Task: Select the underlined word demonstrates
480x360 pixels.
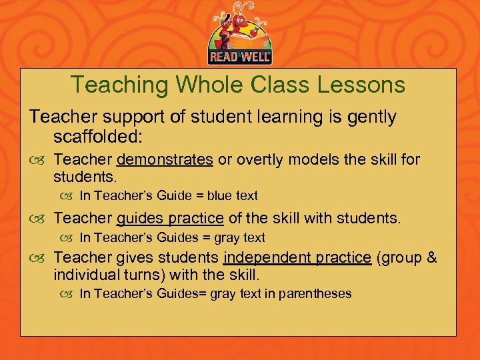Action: pos(165,160)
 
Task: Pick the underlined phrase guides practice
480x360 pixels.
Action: pos(170,218)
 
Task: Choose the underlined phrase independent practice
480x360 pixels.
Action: pos(297,257)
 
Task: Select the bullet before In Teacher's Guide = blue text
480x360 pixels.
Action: pos(69,197)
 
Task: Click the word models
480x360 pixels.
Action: pos(311,160)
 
